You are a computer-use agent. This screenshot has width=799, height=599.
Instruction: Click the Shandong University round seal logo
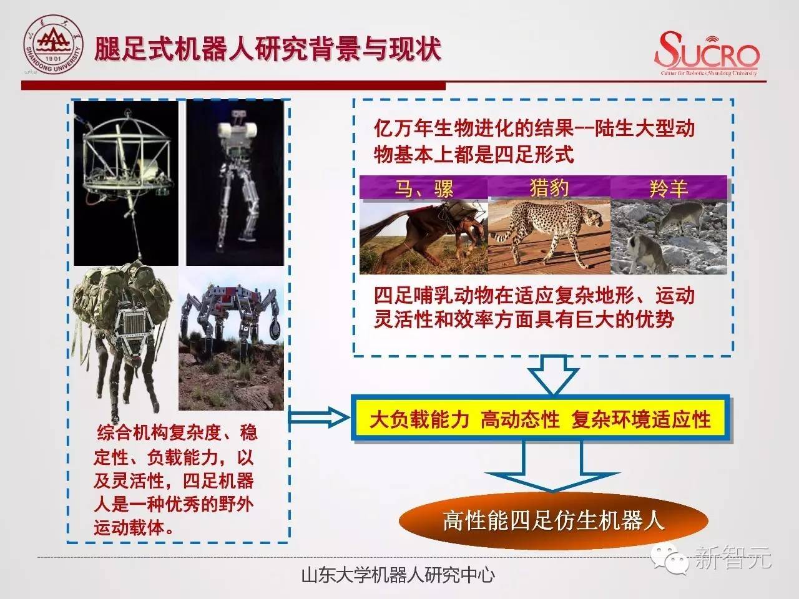[x=53, y=44]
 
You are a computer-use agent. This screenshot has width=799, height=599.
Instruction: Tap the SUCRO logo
[x=707, y=54]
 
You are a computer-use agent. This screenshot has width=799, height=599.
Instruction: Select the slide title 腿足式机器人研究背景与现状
[x=268, y=49]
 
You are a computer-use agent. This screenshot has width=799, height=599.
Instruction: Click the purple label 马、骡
[x=424, y=188]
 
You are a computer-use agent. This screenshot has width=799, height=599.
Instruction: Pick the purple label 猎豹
[x=549, y=188]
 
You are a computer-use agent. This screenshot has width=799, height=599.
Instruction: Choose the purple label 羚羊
[x=669, y=188]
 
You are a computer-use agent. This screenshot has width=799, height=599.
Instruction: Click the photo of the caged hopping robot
[x=126, y=183]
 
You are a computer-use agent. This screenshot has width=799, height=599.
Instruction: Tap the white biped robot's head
[x=237, y=128]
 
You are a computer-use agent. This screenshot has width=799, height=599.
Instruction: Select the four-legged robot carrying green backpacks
[x=122, y=338]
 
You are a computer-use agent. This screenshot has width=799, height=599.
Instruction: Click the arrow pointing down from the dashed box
[x=553, y=374]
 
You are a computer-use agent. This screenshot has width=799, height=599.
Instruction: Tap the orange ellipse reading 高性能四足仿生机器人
[x=553, y=521]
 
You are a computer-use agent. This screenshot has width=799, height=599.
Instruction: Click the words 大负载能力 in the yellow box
[x=419, y=419]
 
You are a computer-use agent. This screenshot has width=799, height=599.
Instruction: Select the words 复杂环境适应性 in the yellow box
[x=640, y=419]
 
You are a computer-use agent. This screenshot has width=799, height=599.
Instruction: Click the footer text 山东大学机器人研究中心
[x=398, y=575]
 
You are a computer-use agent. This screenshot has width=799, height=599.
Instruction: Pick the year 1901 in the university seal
[x=54, y=59]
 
